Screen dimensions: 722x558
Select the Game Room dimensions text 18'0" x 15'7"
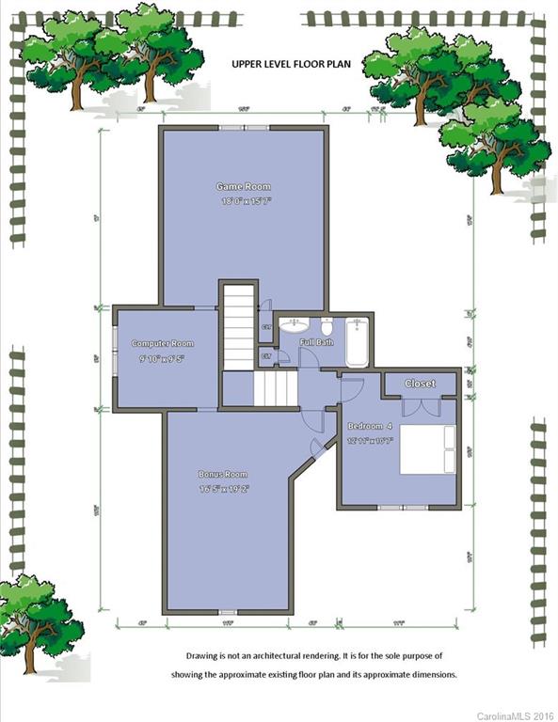tap(245, 201)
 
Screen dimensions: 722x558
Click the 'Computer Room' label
tap(162, 343)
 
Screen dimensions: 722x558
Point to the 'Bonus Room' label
tap(222, 474)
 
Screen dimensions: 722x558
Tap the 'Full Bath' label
tap(316, 342)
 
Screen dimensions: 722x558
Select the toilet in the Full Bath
tap(327, 327)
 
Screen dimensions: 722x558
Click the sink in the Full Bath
tap(295, 326)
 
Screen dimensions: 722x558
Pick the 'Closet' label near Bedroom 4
tap(420, 384)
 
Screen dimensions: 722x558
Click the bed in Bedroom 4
tap(428, 449)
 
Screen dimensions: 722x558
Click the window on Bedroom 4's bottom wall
tap(399, 508)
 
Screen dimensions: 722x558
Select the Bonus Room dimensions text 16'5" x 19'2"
tap(222, 489)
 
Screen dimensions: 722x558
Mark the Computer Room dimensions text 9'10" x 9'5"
tap(162, 358)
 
